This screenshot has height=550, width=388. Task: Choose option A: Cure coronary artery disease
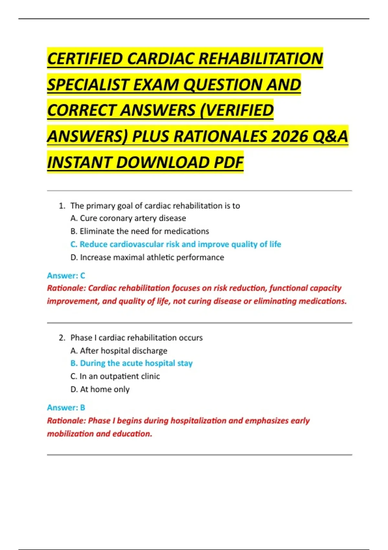coord(128,218)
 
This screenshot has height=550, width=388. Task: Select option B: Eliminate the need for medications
coord(140,231)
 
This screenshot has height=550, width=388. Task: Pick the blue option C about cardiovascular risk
coord(176,244)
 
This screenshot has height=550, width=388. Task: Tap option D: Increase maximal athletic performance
coord(147,258)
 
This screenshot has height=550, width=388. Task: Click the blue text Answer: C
coord(66,276)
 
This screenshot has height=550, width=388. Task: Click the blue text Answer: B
coord(66,408)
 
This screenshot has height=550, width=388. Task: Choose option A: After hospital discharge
coord(119,351)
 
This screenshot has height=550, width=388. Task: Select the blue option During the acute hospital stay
coord(131,363)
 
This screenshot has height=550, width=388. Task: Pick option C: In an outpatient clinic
coord(115,376)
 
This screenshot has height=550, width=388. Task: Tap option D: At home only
coord(100,389)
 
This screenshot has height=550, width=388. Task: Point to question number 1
coord(62,206)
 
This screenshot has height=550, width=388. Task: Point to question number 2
coord(62,338)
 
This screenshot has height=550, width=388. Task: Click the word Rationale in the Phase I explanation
coord(66,421)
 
